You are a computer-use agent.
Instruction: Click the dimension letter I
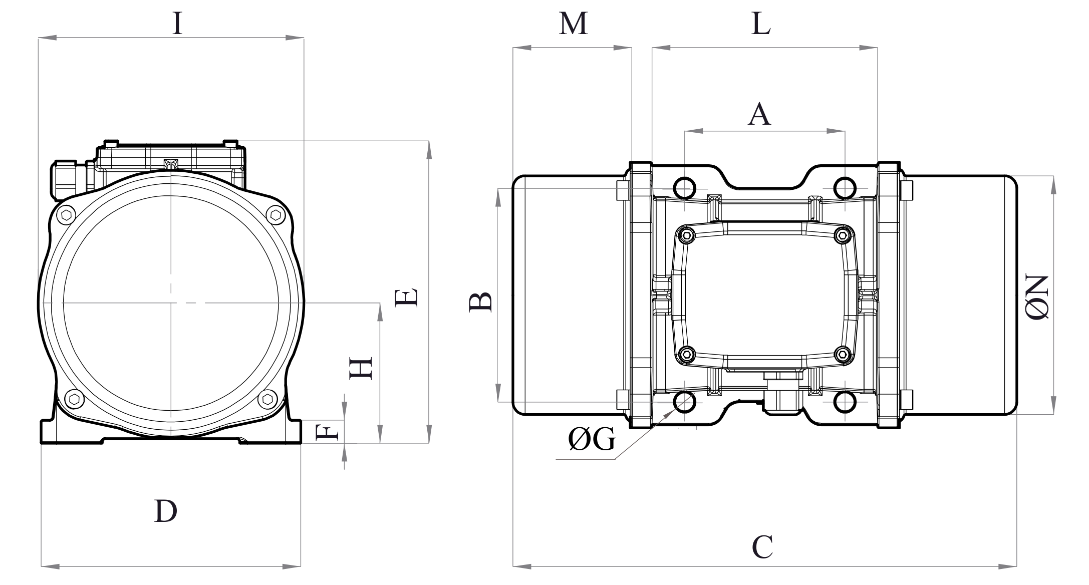coord(177,24)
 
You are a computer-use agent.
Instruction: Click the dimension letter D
coord(165,511)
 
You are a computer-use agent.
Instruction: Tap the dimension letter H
coord(361,368)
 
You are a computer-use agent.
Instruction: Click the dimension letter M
coord(573,24)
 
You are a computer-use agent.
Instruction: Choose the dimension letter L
coord(760,24)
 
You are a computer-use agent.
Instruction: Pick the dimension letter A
coord(759,115)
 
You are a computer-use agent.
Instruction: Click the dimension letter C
coord(762,547)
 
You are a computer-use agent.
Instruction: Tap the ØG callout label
coord(591,440)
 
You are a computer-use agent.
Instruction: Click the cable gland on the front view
coord(65,179)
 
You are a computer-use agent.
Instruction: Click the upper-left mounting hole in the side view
coord(685,188)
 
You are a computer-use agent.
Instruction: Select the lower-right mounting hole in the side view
coord(845,402)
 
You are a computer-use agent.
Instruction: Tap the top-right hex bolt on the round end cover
coord(275,215)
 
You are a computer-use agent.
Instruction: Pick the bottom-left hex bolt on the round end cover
coord(74,399)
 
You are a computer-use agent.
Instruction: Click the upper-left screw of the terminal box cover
coord(686,234)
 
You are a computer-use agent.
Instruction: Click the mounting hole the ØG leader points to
coord(685,402)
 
